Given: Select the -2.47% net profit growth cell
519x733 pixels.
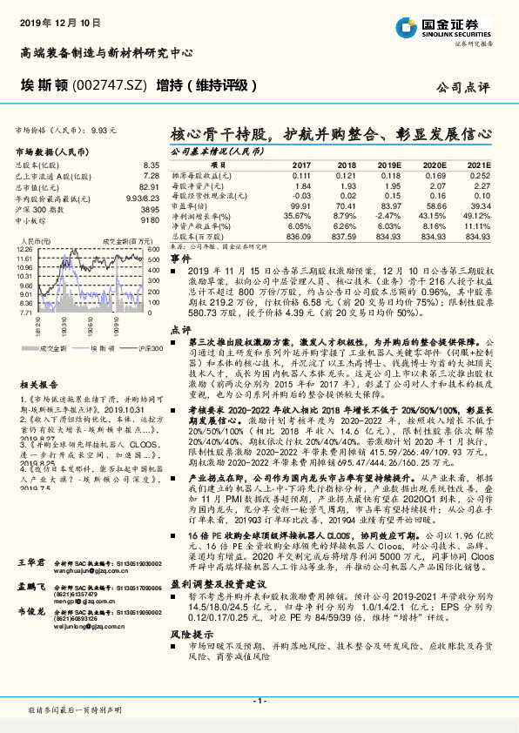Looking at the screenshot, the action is [388, 215].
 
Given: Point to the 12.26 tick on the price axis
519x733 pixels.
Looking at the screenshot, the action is [24, 249].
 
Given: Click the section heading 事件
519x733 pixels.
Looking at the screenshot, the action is [180, 259].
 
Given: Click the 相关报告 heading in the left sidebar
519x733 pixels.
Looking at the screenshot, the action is [37, 383].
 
